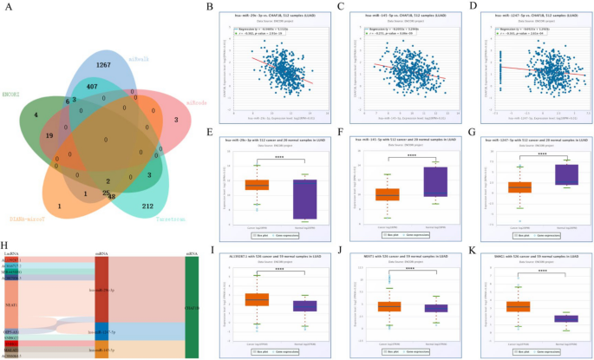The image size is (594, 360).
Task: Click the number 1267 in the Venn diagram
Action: [104, 64]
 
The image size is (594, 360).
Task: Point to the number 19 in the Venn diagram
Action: [27, 135]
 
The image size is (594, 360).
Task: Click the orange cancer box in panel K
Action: [518, 306]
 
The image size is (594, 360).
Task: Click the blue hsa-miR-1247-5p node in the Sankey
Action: [101, 331]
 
